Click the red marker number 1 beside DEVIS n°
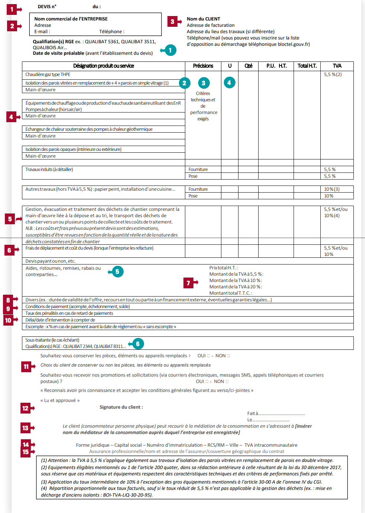coord(12,9)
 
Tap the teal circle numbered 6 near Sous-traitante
coord(138,344)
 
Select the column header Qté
coord(248,66)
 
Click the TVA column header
coord(337,66)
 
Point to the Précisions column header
coord(203,66)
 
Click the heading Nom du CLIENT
coord(203,19)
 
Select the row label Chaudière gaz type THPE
coord(48,75)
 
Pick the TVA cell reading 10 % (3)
coord(332,189)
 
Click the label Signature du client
coord(121,407)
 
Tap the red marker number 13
coord(25,428)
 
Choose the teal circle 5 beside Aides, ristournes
coord(117,272)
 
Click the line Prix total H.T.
coord(223,268)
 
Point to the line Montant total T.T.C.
coord(230,293)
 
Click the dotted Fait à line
coord(276,414)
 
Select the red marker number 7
coord(189,283)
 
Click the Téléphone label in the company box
coord(112,32)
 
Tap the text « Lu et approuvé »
coord(60,400)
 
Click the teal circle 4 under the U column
coord(229,83)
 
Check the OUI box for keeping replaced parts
coord(208,356)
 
